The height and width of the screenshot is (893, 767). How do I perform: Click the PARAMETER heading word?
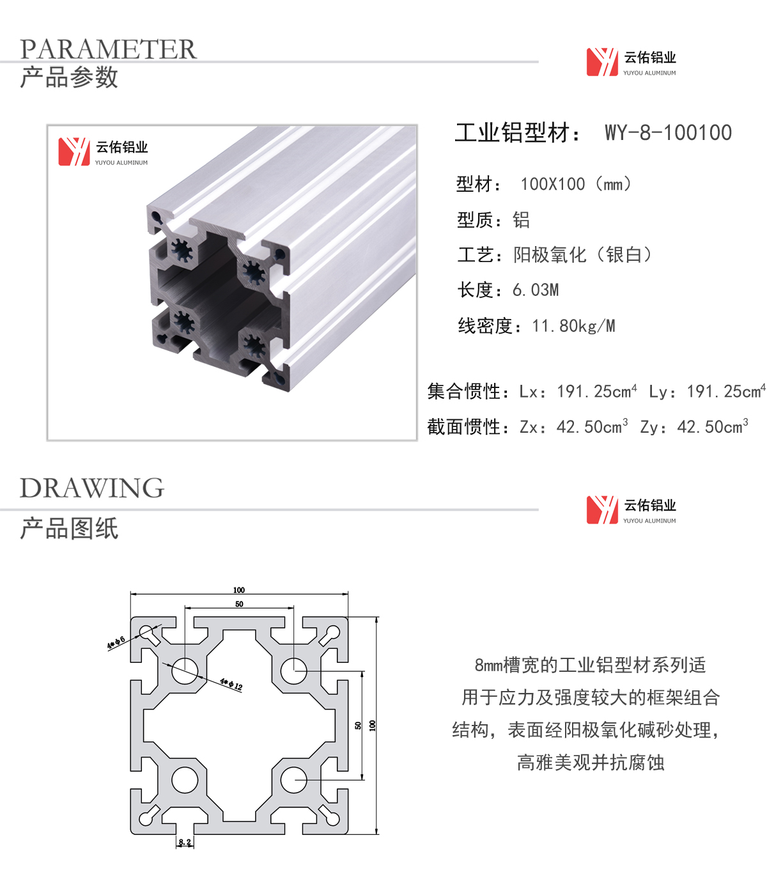coord(108,49)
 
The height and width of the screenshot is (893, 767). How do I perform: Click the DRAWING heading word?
coord(92,488)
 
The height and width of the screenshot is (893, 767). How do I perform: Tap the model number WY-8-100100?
coord(668,132)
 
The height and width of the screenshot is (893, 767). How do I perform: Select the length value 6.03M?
coord(536,290)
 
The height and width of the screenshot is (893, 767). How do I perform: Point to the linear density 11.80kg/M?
coord(573,326)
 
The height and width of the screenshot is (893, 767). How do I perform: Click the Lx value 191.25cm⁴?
coord(597,391)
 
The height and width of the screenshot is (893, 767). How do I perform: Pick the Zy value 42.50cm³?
coord(713,426)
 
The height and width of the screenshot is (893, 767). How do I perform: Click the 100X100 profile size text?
coord(553,184)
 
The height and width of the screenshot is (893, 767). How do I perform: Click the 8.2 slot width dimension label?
coord(185,842)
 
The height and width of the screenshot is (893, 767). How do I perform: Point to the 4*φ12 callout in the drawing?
coord(231,685)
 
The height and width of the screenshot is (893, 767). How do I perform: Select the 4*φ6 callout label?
coord(116,642)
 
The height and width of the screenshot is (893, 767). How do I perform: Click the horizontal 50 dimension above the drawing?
coord(240,604)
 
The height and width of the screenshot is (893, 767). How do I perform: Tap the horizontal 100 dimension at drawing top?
coord(239,590)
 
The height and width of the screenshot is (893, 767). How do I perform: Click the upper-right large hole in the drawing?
coord(294,671)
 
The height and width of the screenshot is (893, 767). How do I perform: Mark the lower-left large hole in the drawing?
coord(185,780)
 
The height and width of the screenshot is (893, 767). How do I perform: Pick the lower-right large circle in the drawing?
coord(294,780)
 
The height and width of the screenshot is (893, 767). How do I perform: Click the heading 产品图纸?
coord(69,528)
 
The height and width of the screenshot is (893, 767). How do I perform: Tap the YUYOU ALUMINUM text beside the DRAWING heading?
coord(649,520)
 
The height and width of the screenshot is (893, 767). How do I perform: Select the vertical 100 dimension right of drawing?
coord(372,726)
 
